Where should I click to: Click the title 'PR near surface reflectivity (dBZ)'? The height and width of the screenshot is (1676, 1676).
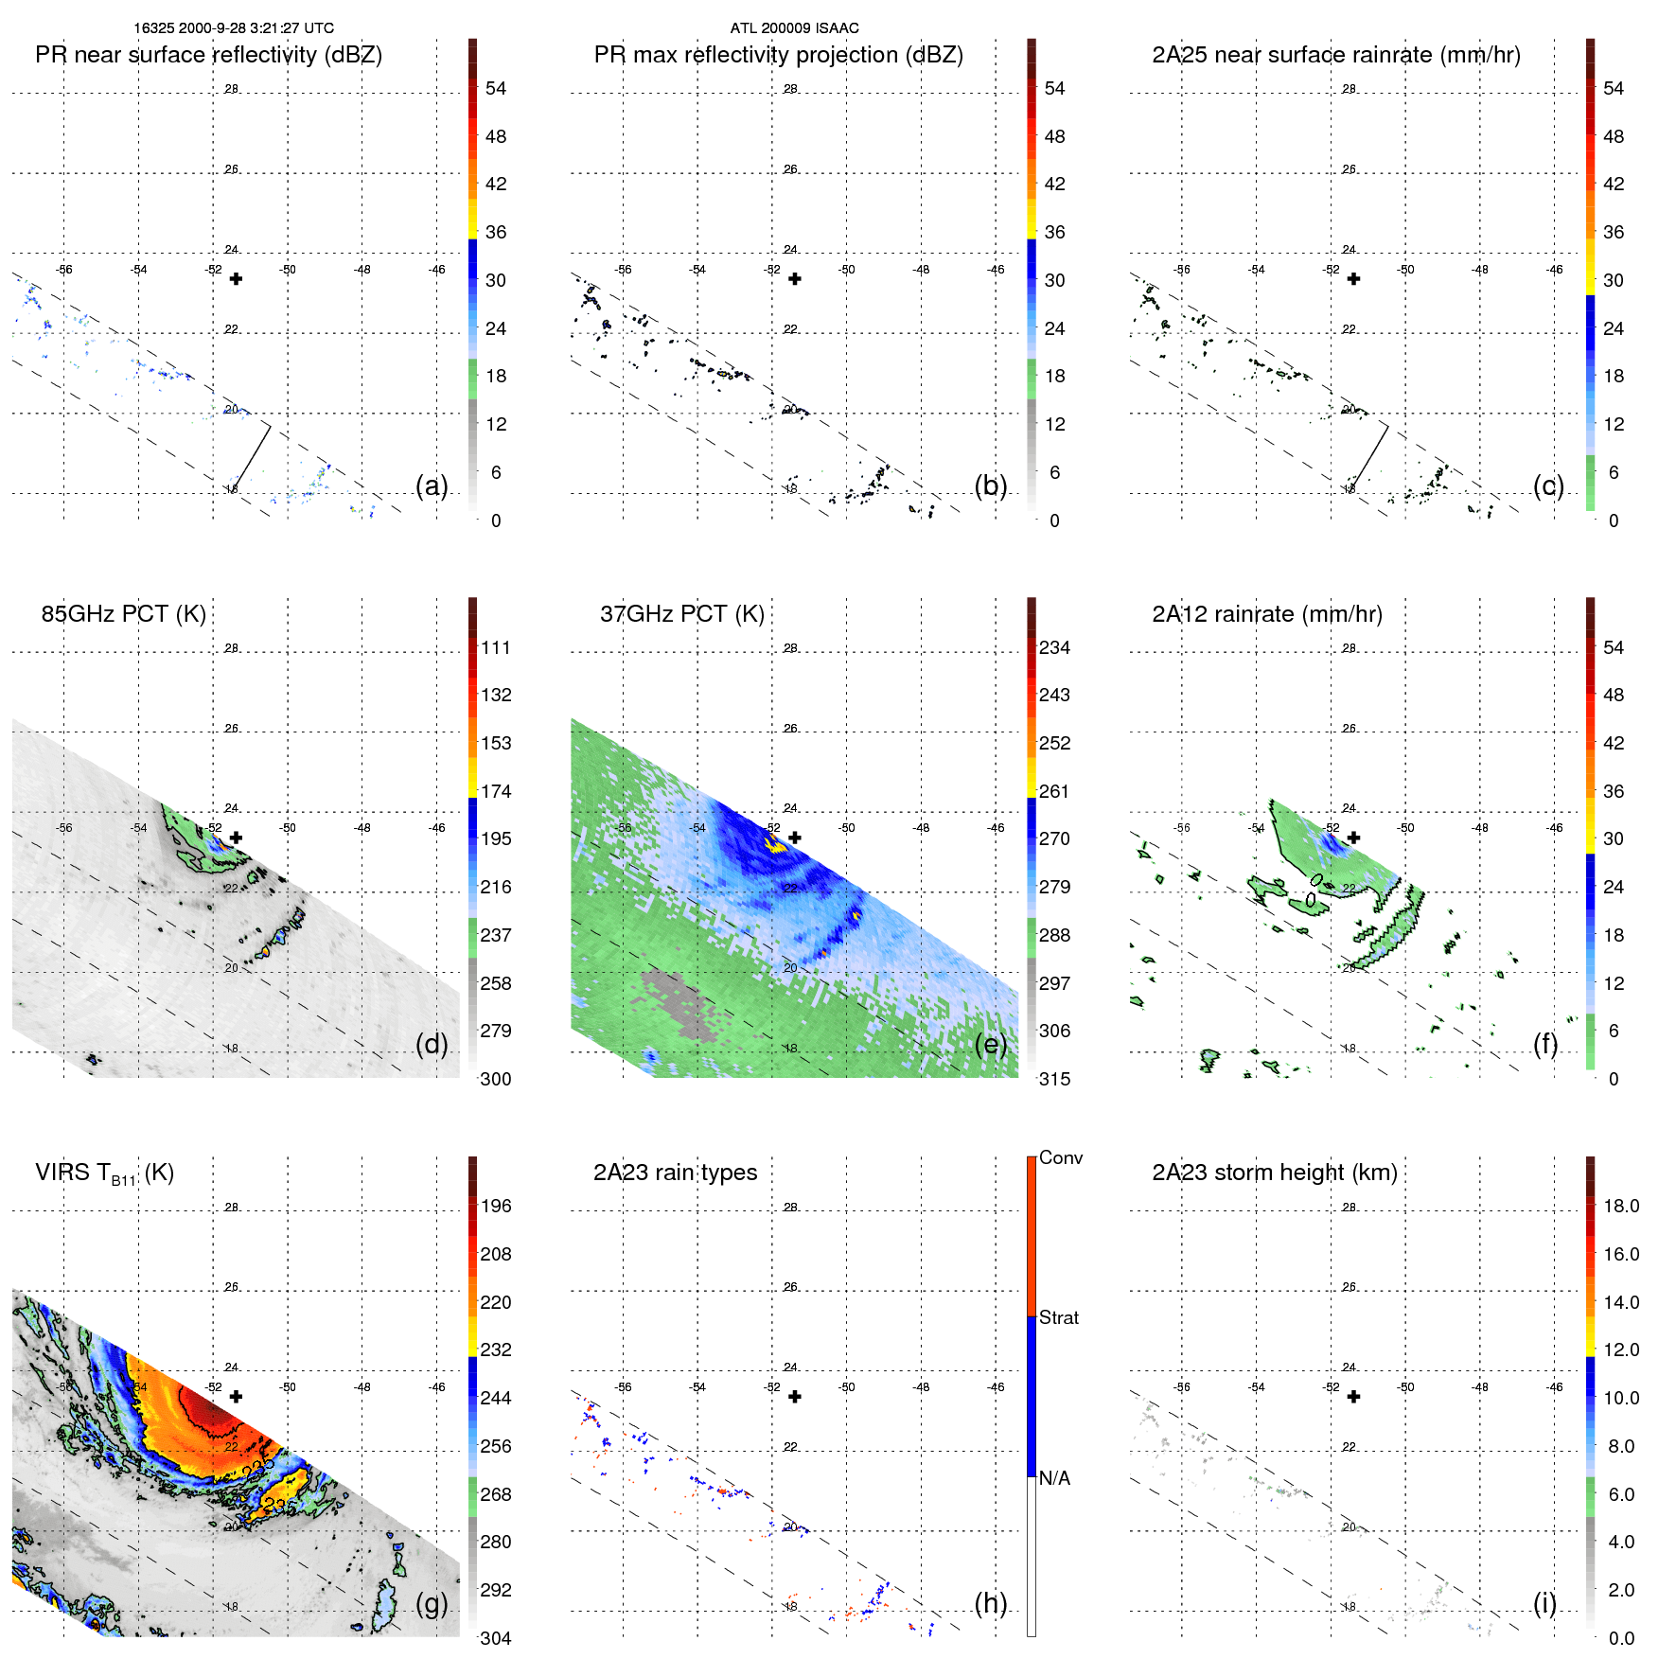pos(208,55)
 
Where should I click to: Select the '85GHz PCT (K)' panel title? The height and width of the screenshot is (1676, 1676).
pos(123,614)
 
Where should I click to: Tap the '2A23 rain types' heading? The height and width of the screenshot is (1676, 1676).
pos(675,1173)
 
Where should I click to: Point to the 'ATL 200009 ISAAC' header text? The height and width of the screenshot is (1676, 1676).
pos(794,28)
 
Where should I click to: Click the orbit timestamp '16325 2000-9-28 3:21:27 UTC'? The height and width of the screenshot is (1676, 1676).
pos(234,28)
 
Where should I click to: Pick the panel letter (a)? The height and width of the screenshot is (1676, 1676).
pos(432,485)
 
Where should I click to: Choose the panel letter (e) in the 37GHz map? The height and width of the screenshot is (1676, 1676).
pos(991,1044)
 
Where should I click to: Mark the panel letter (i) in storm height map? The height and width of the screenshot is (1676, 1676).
pos(1544,1603)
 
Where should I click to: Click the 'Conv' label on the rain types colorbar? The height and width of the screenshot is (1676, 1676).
pos(1060,1158)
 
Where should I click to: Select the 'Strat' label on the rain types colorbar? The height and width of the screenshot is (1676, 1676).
pos(1058,1318)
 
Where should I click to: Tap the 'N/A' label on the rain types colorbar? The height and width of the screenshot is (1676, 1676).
pos(1054,1478)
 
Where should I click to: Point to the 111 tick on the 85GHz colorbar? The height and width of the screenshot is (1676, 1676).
pos(496,648)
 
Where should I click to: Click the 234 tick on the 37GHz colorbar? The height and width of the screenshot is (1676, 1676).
pos(1054,648)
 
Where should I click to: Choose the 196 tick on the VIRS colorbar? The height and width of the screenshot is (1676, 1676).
pos(496,1207)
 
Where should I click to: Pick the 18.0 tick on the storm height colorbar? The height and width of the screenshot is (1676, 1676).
pos(1621,1207)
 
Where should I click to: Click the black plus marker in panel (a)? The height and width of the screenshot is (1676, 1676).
pos(237,279)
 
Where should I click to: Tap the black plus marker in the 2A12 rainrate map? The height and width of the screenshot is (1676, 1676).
pos(1354,838)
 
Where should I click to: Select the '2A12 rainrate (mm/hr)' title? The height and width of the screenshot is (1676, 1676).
pos(1267,614)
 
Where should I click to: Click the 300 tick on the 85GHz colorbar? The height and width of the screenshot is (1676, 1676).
pos(496,1080)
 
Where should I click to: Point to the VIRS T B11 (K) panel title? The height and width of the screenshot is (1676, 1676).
pos(104,1173)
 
